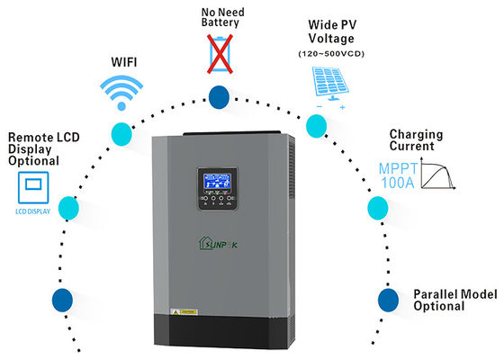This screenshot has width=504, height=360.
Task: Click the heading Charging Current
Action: (x=416, y=140)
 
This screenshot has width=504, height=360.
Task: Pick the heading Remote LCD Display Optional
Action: (x=33, y=148)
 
